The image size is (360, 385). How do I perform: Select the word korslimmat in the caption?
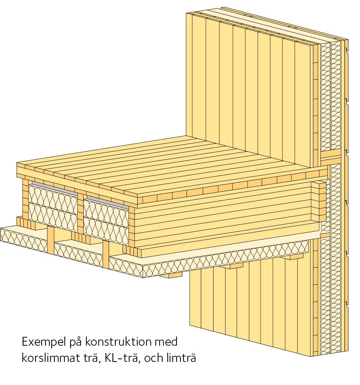click(49, 358)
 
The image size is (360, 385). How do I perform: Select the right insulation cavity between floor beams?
click(106, 218)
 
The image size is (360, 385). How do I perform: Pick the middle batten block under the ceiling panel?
click(235, 266)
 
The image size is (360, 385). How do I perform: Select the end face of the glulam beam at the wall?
click(318, 202)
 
